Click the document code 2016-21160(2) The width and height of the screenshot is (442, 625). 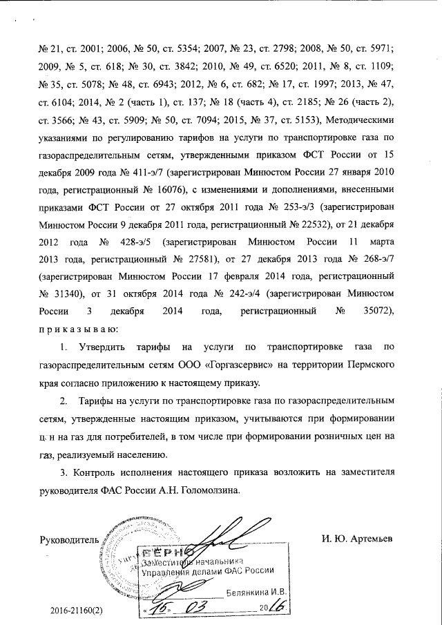[x=82, y=612]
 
